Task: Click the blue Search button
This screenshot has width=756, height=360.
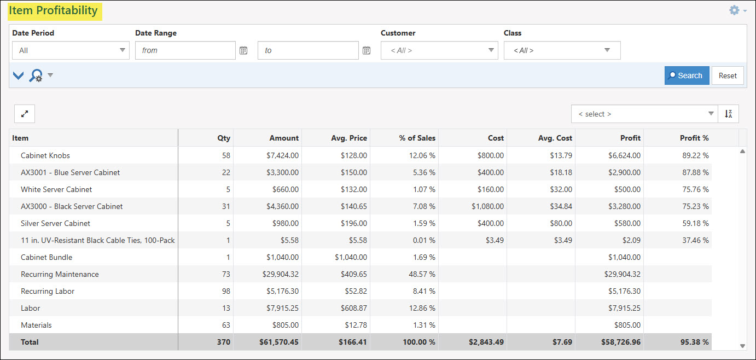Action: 687,76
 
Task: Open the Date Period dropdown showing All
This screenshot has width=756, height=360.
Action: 71,50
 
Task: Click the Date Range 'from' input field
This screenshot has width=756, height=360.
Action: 185,50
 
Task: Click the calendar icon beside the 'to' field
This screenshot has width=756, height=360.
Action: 367,50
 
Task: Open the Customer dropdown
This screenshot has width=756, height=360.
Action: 439,50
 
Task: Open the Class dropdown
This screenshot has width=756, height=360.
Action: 562,50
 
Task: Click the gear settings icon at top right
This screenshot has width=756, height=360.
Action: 734,10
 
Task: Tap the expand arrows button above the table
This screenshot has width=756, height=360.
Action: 25,114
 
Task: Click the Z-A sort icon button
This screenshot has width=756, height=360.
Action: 728,114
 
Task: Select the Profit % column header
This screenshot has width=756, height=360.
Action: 694,138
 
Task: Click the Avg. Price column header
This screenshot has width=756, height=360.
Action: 348,138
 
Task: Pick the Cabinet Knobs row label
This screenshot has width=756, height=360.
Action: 45,155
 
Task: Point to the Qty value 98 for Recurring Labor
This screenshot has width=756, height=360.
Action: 225,291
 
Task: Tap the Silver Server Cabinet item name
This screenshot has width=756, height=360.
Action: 55,223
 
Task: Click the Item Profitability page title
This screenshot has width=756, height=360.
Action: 53,10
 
